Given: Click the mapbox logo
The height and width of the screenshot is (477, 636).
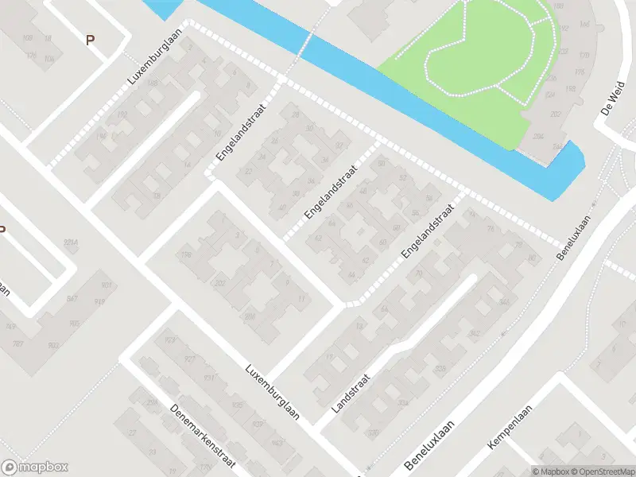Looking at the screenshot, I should click(x=35, y=467).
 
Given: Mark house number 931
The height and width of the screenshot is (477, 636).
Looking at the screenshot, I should click(x=208, y=378).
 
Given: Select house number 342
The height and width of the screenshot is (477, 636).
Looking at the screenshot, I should click(x=475, y=333).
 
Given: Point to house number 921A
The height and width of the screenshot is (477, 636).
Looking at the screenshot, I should click(x=73, y=241).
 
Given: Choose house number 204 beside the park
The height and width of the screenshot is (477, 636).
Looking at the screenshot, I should click(x=538, y=136).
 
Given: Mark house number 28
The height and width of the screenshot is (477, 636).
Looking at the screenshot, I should click(x=296, y=116).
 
